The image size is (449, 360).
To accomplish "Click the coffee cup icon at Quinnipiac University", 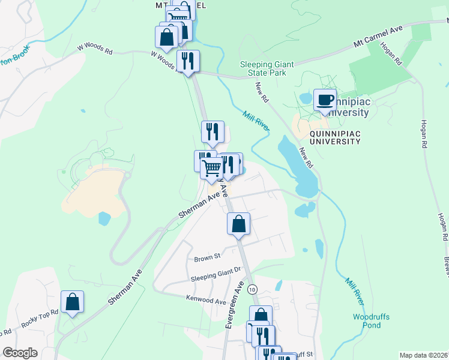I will (325, 100).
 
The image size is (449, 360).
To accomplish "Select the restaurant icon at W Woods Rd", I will (188, 61).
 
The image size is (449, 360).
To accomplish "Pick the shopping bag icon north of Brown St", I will (238, 224).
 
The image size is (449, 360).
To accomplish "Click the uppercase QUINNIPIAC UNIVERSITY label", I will (334, 137).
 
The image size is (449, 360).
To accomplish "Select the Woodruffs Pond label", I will (367, 320).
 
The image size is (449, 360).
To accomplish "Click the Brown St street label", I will (208, 259).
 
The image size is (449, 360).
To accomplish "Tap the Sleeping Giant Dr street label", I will (215, 278).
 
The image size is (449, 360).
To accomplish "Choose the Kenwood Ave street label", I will (206, 298).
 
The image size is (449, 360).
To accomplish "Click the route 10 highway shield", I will (252, 289).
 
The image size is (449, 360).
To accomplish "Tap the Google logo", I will (20, 353).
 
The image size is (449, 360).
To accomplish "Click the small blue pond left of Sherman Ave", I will (104, 218).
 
